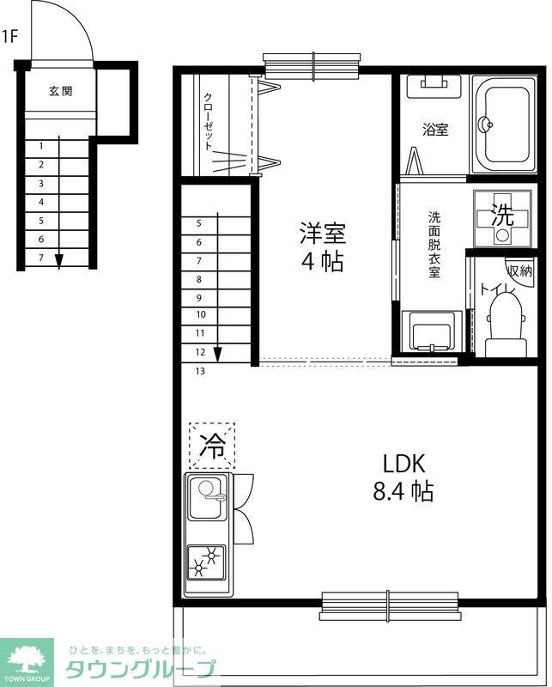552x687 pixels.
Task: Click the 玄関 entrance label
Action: click(x=60, y=90)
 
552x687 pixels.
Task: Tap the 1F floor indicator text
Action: click(x=10, y=36)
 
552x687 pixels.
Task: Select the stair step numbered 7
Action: click(x=40, y=257)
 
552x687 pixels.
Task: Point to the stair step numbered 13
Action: click(x=199, y=372)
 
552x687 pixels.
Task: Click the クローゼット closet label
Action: click(x=209, y=122)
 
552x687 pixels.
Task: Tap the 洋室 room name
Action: click(x=322, y=233)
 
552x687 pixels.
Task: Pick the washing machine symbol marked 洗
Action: click(x=502, y=218)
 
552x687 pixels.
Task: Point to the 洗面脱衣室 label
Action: click(x=434, y=245)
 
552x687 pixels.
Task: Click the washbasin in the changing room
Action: click(x=432, y=331)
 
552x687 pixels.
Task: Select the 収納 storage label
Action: click(x=519, y=271)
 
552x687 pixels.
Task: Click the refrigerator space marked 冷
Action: click(x=211, y=445)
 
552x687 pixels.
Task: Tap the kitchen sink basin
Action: click(x=209, y=496)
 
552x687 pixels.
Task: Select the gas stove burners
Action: click(x=207, y=562)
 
